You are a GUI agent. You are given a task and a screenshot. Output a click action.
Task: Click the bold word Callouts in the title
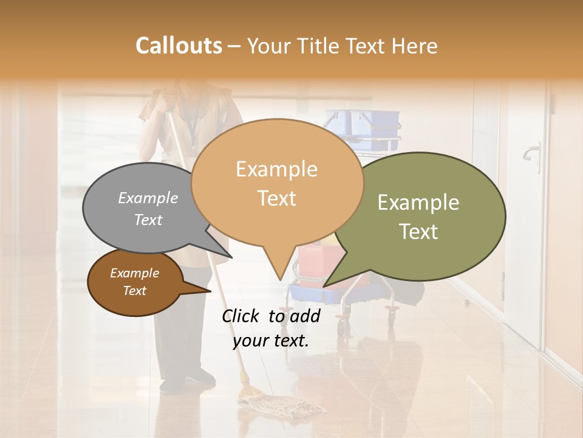click(x=179, y=46)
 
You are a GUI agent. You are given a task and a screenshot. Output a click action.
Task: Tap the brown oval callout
click(x=135, y=283)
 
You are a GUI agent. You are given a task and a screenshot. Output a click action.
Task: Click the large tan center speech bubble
click(x=277, y=182)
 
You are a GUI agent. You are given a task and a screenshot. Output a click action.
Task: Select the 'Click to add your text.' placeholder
click(x=271, y=328)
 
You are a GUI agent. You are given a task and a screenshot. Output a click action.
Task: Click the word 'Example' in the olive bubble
click(x=418, y=203)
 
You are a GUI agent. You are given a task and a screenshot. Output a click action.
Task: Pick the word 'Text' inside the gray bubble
click(x=148, y=220)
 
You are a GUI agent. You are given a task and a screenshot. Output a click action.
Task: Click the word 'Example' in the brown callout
click(x=135, y=273)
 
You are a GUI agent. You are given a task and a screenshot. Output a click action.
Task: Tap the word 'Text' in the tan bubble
click(x=277, y=198)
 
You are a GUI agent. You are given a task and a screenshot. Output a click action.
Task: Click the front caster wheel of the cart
click(x=343, y=328)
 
